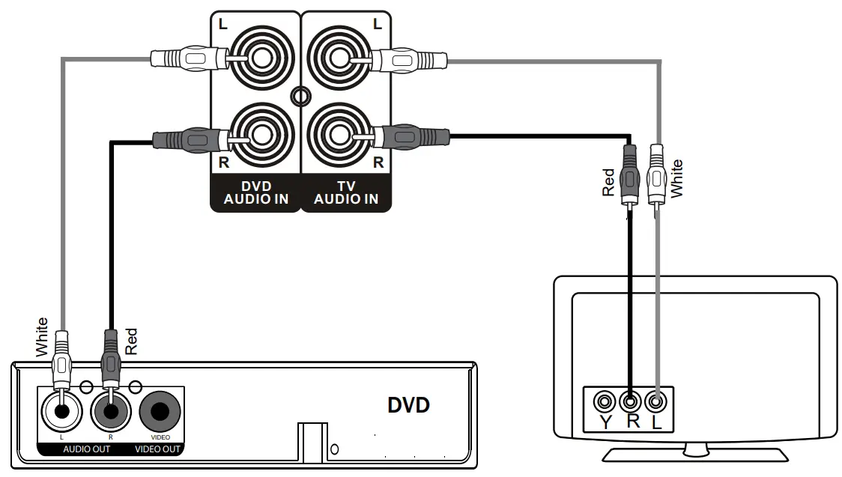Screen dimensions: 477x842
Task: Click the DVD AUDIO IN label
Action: pos(255,193)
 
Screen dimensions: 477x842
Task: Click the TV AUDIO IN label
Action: pos(345,193)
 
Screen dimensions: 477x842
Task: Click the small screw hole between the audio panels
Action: pos(300,96)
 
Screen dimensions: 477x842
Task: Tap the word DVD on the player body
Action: pos(408,406)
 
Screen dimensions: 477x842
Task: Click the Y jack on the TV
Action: pos(604,402)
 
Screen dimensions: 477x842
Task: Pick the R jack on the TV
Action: pos(631,402)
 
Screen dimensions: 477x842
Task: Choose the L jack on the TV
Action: pos(657,402)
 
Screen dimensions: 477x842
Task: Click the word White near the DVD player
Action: pos(43,336)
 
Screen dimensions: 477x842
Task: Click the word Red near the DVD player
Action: pos(132,341)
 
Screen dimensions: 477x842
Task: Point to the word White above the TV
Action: pos(677,178)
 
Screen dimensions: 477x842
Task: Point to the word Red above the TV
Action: pos(608,182)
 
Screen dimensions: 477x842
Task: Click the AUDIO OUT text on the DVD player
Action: pos(85,449)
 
